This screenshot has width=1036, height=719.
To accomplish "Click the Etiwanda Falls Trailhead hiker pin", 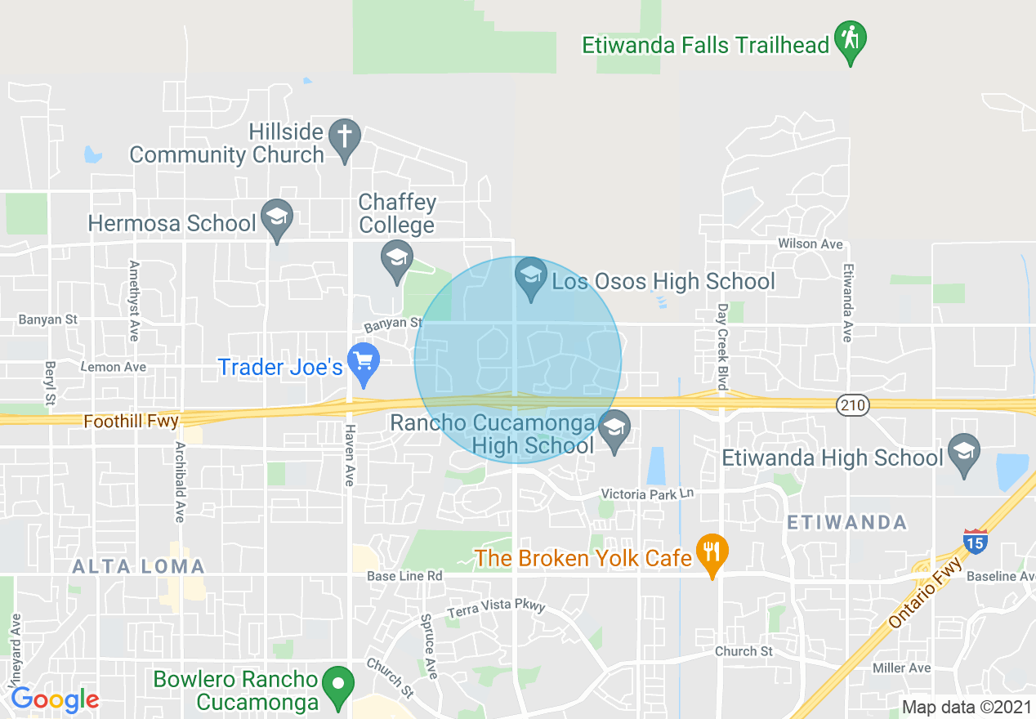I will (851, 40).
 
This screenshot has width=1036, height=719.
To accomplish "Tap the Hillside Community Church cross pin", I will (345, 138).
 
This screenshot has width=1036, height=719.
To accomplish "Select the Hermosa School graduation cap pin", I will (278, 218).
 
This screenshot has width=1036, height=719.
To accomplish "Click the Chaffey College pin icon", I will (397, 259).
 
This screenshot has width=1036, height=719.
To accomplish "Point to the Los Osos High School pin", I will (531, 277).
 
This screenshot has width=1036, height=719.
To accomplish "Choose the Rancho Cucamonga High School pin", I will (614, 429).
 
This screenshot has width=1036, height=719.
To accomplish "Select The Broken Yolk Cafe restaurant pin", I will (712, 553).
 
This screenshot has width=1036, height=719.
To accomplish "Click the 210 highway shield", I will (853, 404).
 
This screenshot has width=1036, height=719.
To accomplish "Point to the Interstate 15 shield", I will (975, 542).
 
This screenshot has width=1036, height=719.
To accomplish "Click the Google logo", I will (55, 699).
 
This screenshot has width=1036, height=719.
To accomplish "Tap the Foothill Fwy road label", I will (131, 422).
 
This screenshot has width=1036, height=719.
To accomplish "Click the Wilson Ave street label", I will (810, 243).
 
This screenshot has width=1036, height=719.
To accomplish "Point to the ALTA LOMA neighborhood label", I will (138, 566).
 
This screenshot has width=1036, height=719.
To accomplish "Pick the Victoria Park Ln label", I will (646, 494).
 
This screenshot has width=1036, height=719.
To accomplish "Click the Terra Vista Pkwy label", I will (496, 607).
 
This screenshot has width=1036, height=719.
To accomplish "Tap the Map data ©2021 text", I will (966, 707).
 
